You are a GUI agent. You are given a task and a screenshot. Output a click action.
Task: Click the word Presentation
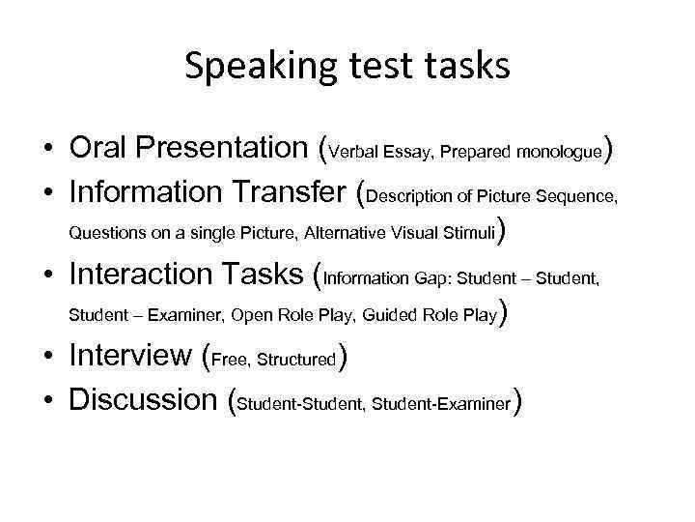224,150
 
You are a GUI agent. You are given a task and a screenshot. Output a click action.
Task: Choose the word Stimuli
469,233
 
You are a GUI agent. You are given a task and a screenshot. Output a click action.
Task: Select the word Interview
130,356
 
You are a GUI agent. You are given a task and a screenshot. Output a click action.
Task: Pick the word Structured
295,360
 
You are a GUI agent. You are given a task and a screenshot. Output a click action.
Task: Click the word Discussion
144,398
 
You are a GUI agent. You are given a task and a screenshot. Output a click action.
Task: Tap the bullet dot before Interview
46,357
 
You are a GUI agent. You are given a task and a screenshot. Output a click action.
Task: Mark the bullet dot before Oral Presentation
46,151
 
